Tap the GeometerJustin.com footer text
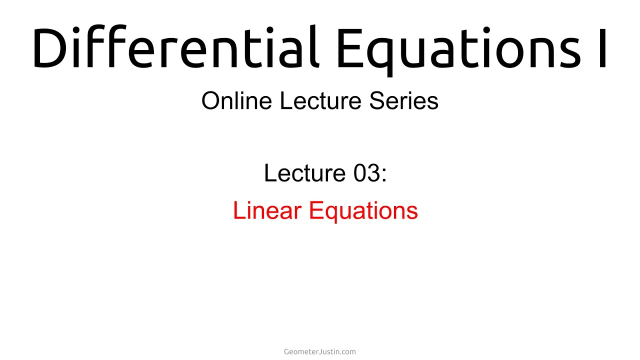pos(320,351)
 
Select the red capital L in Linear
pos(238,210)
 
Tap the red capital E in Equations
pos(315,210)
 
